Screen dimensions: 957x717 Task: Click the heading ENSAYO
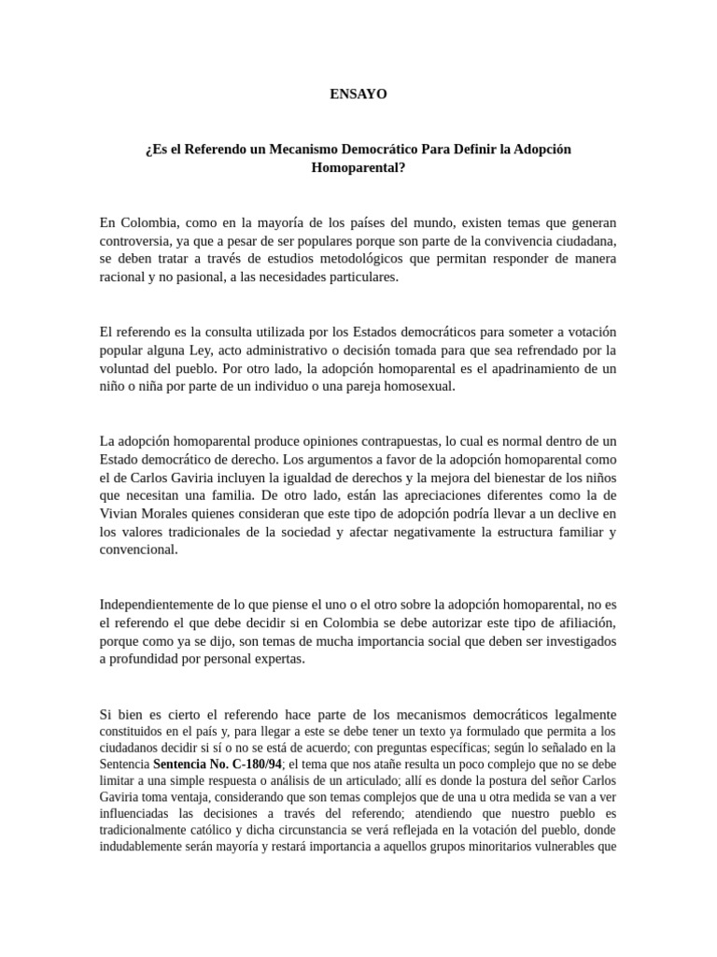[x=358, y=93]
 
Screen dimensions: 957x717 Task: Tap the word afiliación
[x=581, y=622]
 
